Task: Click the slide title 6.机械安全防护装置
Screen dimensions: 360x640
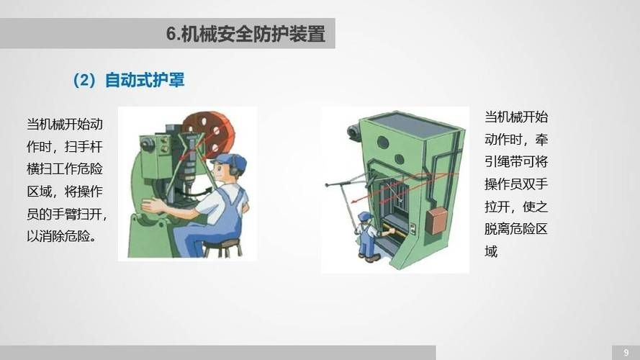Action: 245,34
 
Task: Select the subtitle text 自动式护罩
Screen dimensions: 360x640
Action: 145,80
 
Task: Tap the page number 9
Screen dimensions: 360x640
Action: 625,351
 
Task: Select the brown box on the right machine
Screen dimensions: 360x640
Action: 436,220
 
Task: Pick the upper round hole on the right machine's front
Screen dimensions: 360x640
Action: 383,142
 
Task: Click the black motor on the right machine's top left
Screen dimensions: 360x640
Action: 353,132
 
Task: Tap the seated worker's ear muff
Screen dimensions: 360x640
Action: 233,171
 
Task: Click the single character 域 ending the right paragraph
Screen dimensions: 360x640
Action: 491,252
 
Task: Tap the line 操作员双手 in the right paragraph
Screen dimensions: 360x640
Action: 516,184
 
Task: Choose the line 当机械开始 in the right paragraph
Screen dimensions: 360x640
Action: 516,117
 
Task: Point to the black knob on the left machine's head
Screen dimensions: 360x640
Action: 148,144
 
